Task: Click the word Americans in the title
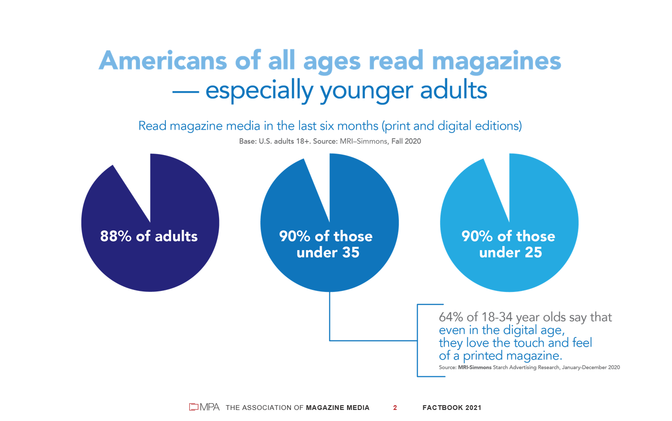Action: click(163, 61)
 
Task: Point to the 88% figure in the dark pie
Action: click(116, 236)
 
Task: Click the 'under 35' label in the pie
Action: click(328, 253)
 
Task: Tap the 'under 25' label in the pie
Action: click(510, 253)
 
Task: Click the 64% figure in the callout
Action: click(451, 317)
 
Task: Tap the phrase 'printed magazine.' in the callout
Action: click(512, 356)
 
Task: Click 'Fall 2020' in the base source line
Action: click(406, 141)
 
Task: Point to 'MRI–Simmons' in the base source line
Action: click(363, 141)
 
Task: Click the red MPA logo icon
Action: click(194, 407)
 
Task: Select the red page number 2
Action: click(395, 408)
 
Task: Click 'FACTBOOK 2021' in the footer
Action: click(452, 408)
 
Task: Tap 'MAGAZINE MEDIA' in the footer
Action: click(337, 408)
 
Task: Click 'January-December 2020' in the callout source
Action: click(591, 368)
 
